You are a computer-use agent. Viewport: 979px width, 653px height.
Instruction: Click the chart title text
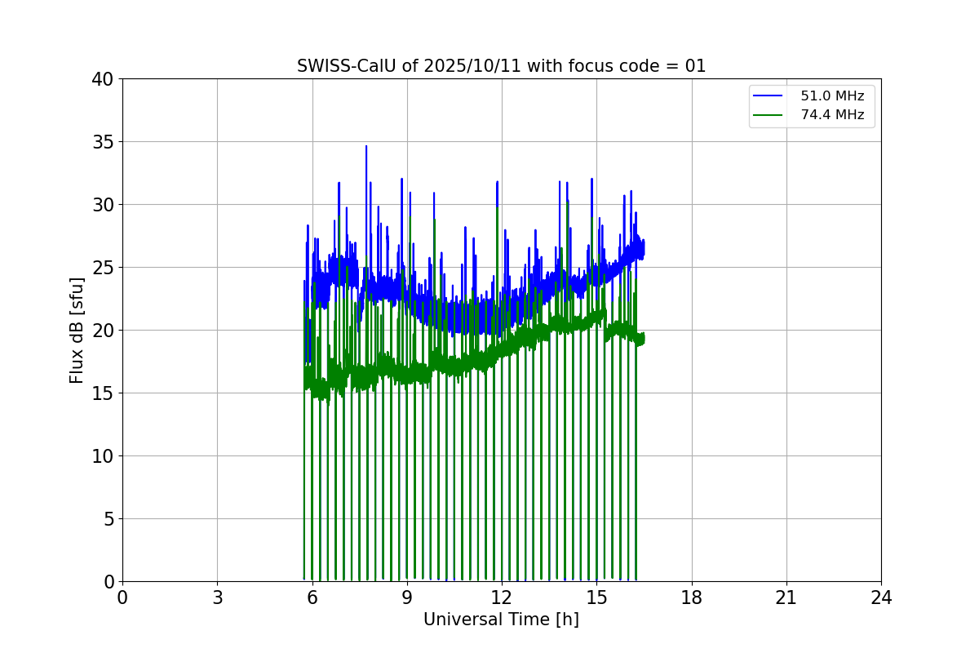click(x=501, y=66)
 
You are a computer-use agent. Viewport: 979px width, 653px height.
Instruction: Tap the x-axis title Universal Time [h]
click(x=501, y=620)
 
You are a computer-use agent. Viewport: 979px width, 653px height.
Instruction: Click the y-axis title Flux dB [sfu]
click(x=77, y=330)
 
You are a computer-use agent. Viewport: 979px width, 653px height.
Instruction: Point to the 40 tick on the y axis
click(x=103, y=79)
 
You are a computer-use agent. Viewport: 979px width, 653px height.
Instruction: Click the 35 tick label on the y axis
click(x=103, y=142)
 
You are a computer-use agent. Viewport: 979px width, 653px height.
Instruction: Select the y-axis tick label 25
click(x=103, y=268)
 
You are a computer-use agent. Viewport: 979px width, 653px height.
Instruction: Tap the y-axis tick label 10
click(x=103, y=456)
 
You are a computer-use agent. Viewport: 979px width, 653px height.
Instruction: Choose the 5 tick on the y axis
click(x=108, y=519)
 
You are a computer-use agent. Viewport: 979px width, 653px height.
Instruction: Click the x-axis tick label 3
click(x=217, y=598)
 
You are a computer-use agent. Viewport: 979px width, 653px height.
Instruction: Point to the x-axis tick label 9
click(x=407, y=598)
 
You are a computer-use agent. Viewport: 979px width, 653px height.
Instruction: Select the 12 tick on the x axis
click(x=502, y=598)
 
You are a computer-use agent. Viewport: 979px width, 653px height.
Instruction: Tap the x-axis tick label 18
click(x=692, y=598)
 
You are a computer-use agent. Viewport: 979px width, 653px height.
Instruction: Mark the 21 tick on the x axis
click(x=786, y=598)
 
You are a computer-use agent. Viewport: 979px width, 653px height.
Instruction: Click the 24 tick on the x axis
click(x=881, y=598)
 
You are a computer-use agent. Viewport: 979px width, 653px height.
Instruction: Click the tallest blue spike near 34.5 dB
click(x=366, y=147)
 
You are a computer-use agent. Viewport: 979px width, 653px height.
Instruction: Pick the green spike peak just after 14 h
click(x=567, y=201)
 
